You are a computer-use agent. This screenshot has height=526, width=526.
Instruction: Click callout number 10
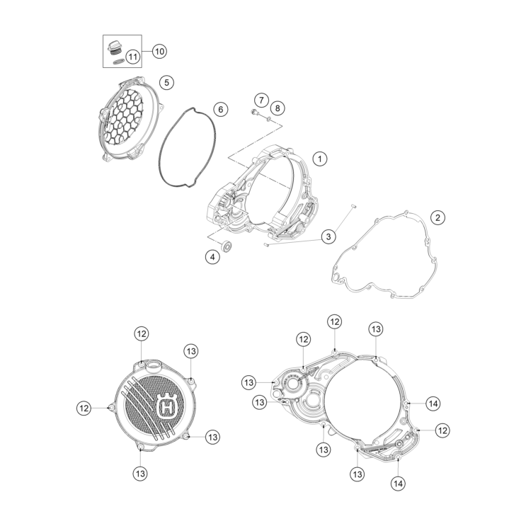159,51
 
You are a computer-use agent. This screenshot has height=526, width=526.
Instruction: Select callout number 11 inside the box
133,57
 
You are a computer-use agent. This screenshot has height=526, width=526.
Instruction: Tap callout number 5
167,82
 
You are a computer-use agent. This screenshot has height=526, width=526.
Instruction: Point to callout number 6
221,109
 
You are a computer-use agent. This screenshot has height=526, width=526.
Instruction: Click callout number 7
261,100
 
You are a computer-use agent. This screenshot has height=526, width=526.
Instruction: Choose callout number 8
278,108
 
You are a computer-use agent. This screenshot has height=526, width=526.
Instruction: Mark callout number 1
320,159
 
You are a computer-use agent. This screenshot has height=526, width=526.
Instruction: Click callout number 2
438,217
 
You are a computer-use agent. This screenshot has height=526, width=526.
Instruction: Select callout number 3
328,236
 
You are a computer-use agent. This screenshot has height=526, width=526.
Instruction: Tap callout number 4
212,257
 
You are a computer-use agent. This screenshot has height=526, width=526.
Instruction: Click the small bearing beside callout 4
227,246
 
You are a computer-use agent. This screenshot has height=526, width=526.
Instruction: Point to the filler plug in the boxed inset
114,48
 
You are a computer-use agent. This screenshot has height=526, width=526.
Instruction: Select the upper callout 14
433,404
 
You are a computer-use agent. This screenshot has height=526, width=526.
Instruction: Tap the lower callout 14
398,484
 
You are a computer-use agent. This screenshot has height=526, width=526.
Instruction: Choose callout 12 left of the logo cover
84,408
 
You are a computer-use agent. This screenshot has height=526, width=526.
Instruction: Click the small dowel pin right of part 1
353,205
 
